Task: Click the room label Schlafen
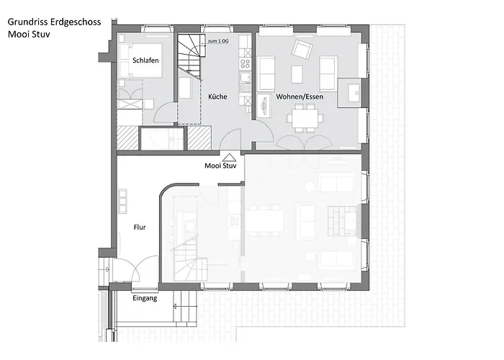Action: pos(145,60)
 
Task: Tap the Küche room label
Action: pos(218,96)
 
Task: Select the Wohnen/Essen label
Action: pos(290,96)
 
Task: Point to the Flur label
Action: pos(140,227)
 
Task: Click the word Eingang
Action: pos(145,297)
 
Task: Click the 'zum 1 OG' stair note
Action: pos(219,42)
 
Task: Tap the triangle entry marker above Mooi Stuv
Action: pos(230,157)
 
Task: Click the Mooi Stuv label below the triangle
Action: pos(220,166)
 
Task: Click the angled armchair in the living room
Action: pos(301,49)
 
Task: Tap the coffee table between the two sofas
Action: pos(297,73)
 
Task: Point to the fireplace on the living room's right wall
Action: pos(353,92)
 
